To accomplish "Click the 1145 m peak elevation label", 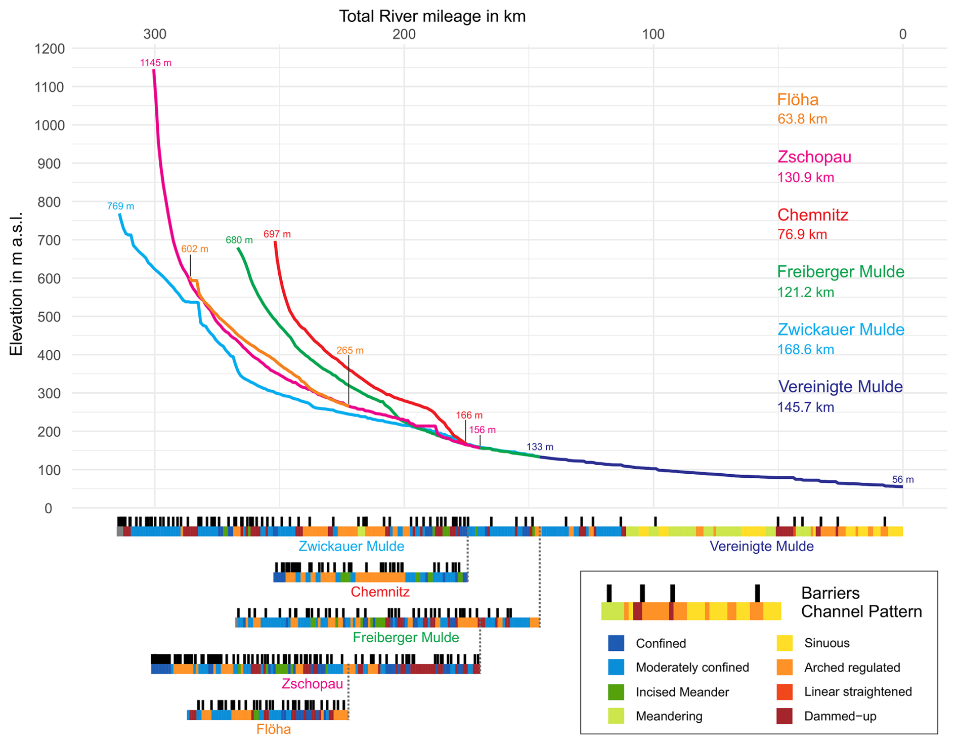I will [155, 63].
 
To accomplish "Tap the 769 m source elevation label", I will [120, 206].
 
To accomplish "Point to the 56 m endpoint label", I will [902, 479].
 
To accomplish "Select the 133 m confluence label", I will [540, 447].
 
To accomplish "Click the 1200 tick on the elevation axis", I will [50, 49].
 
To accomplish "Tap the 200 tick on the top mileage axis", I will [404, 34].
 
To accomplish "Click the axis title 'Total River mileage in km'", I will [432, 16].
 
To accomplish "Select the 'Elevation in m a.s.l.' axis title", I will [16, 283].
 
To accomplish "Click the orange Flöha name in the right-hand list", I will [798, 100].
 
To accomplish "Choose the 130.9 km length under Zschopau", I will [805, 178].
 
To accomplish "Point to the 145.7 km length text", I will [805, 407].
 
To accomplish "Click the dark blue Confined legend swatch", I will [616, 643].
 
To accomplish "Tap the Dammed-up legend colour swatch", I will [784, 716].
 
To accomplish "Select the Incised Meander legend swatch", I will [616, 692].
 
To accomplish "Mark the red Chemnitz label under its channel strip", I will [380, 592].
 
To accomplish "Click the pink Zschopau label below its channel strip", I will [312, 684].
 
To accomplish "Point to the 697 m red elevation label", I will [277, 234].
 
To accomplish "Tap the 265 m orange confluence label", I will [350, 351].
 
